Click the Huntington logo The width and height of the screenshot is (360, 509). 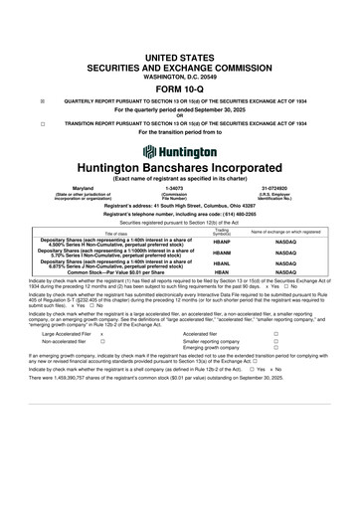point(180,152)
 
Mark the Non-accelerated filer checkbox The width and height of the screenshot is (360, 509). point(102,341)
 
